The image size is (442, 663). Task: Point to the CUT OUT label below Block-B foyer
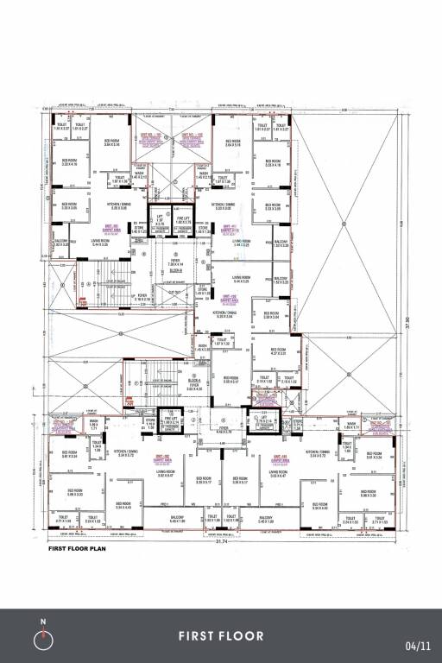click(178, 293)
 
